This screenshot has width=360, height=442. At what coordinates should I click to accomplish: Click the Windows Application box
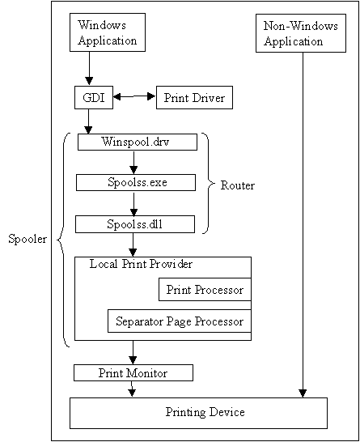[x=108, y=32]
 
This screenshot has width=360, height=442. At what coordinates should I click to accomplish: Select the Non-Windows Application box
[x=301, y=33]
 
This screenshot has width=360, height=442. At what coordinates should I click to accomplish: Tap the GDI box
[x=94, y=97]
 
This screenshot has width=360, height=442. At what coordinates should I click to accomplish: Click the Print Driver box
[x=194, y=97]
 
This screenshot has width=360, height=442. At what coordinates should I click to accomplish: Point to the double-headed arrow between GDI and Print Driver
[x=134, y=96]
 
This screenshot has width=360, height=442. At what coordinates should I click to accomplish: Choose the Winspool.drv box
[x=138, y=142]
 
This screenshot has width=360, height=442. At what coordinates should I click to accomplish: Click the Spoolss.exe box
[x=136, y=182]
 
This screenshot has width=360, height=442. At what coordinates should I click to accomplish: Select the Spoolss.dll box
[x=135, y=224]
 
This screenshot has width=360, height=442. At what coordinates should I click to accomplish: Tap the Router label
[x=238, y=185]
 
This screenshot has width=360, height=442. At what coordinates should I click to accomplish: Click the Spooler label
[x=28, y=239]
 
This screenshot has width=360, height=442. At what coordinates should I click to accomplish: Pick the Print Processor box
[x=205, y=290]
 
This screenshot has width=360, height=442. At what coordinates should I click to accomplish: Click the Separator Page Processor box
[x=180, y=321]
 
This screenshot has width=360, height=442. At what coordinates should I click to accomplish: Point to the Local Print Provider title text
[x=141, y=264]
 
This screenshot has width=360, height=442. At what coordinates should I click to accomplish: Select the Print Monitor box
[x=133, y=373]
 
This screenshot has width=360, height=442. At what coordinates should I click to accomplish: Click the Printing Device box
[x=198, y=413]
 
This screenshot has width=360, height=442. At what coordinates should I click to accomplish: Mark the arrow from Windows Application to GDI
[x=89, y=68]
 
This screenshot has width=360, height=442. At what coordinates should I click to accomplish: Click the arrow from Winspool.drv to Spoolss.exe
[x=133, y=163]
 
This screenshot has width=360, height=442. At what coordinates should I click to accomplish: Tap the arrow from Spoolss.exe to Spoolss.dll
[x=133, y=203]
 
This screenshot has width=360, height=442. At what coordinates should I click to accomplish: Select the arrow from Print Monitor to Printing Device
[x=132, y=389]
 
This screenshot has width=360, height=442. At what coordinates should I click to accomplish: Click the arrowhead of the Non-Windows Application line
[x=303, y=393]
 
